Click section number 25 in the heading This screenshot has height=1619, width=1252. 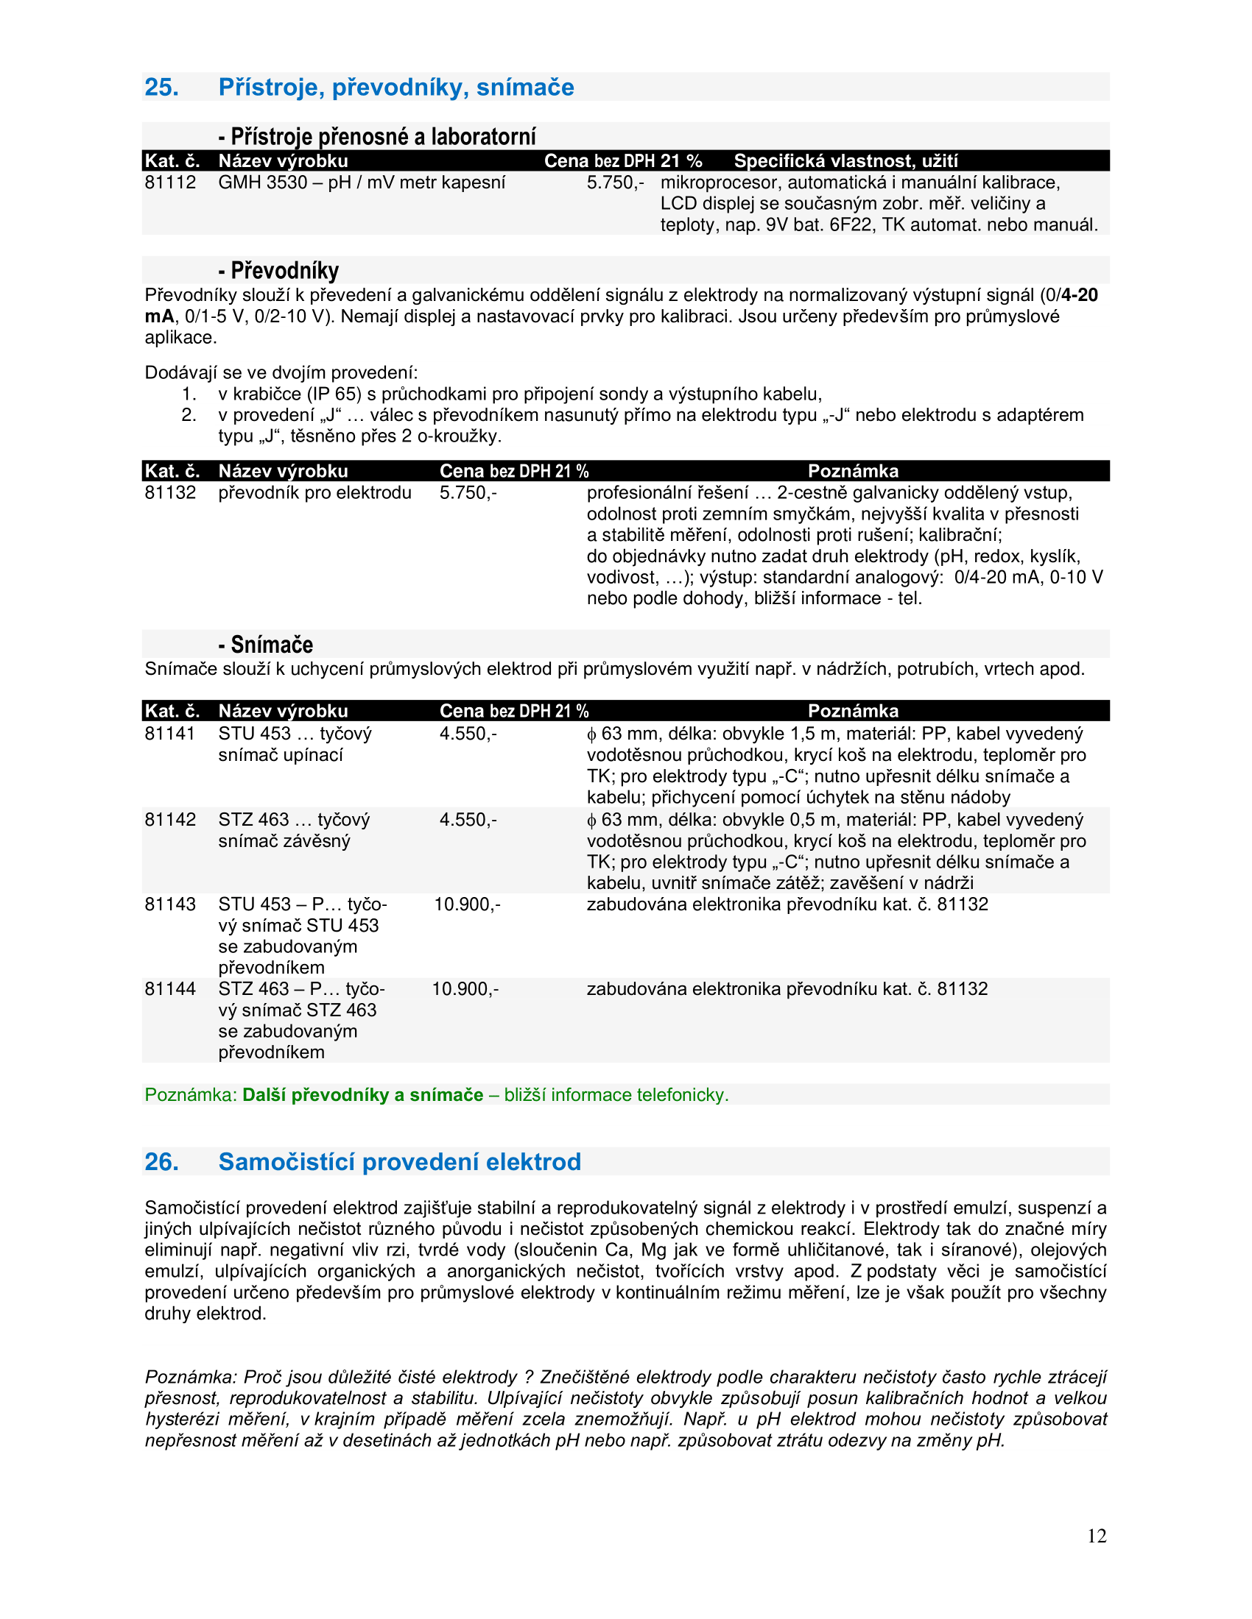point(161,88)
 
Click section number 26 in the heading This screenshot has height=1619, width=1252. point(161,1161)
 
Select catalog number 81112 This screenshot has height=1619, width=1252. point(170,183)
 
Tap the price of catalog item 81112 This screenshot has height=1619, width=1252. point(615,183)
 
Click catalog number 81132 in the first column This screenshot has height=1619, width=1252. point(170,493)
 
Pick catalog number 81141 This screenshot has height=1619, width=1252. point(170,734)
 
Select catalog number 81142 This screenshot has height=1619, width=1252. point(170,820)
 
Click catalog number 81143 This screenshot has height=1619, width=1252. point(170,904)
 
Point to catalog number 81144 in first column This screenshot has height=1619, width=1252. point(170,989)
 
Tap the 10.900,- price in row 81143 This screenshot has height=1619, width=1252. point(467,904)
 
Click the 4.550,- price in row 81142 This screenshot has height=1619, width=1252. point(468,820)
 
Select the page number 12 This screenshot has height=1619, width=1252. point(1097,1536)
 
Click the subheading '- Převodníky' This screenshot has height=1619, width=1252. point(279,271)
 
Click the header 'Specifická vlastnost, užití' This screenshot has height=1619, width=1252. point(845,161)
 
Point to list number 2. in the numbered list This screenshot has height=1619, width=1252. point(189,415)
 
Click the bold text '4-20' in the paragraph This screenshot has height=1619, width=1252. point(1079,296)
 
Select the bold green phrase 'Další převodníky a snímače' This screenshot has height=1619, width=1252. point(362,1095)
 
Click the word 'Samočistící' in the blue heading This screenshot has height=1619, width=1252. point(286,1161)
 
